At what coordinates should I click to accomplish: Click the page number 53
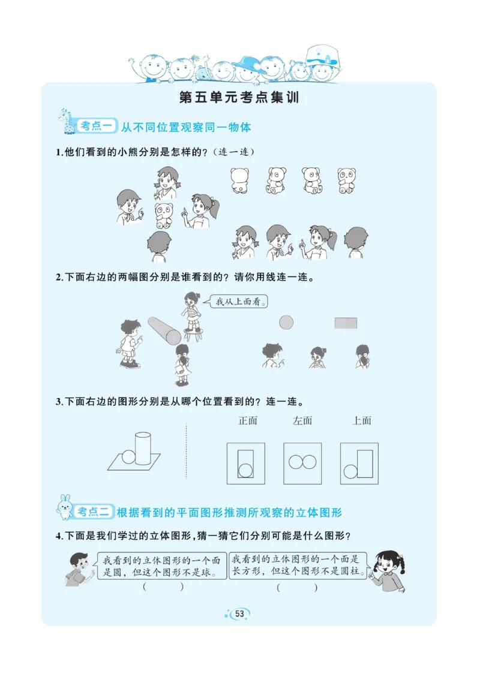pyautogui.click(x=239, y=613)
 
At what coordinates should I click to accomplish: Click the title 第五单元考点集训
pyautogui.click(x=239, y=98)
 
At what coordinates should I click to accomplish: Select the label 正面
pyautogui.click(x=248, y=420)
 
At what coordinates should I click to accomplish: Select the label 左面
pyautogui.click(x=302, y=420)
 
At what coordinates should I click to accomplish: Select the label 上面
pyautogui.click(x=362, y=420)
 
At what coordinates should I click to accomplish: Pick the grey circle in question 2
pyautogui.click(x=286, y=323)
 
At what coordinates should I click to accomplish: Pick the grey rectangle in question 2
pyautogui.click(x=346, y=323)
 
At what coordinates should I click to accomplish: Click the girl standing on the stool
pyautogui.click(x=191, y=312)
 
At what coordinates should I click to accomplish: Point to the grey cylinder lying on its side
pyautogui.click(x=164, y=330)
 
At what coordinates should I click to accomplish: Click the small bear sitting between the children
pyautogui.click(x=164, y=215)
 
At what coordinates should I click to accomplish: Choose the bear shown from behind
pyautogui.click(x=239, y=180)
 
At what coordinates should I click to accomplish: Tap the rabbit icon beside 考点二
pyautogui.click(x=64, y=507)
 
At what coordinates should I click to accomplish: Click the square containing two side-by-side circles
pyautogui.click(x=302, y=463)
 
